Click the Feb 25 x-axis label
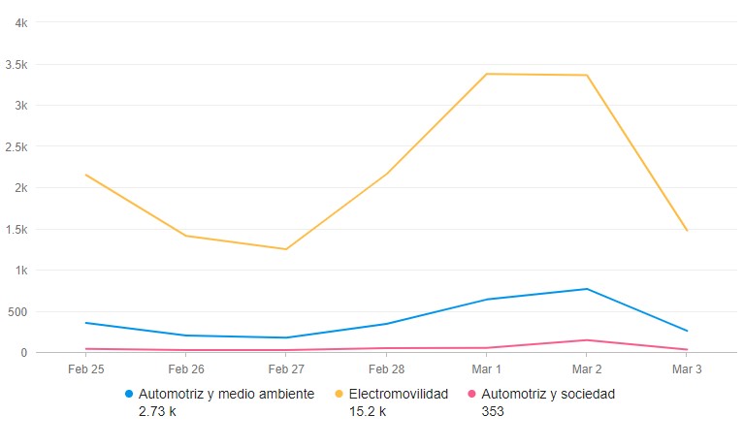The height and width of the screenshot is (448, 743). [x=85, y=369]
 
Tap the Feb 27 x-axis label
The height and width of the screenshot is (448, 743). [x=286, y=369]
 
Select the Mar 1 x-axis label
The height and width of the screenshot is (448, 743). [x=486, y=369]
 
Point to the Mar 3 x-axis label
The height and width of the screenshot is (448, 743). [x=687, y=369]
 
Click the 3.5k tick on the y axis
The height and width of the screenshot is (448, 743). [x=16, y=65]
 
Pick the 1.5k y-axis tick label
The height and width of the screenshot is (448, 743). [x=16, y=230]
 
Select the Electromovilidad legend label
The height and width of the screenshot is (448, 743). [x=398, y=395]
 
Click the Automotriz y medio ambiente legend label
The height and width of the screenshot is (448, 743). [x=226, y=395]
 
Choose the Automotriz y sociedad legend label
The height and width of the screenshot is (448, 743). [x=548, y=395]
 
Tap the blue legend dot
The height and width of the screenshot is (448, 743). [x=129, y=395]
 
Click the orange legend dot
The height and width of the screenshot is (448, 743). [x=339, y=395]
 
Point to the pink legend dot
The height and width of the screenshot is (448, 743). [x=472, y=395]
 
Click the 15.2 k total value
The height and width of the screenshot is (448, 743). [x=368, y=411]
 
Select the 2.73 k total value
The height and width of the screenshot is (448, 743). [x=157, y=411]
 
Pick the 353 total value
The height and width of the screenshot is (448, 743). [x=493, y=411]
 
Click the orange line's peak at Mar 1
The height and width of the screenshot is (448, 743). [x=486, y=74]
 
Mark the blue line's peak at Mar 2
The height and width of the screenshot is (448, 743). [x=587, y=289]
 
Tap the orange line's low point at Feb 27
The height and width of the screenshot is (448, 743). [x=286, y=249]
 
